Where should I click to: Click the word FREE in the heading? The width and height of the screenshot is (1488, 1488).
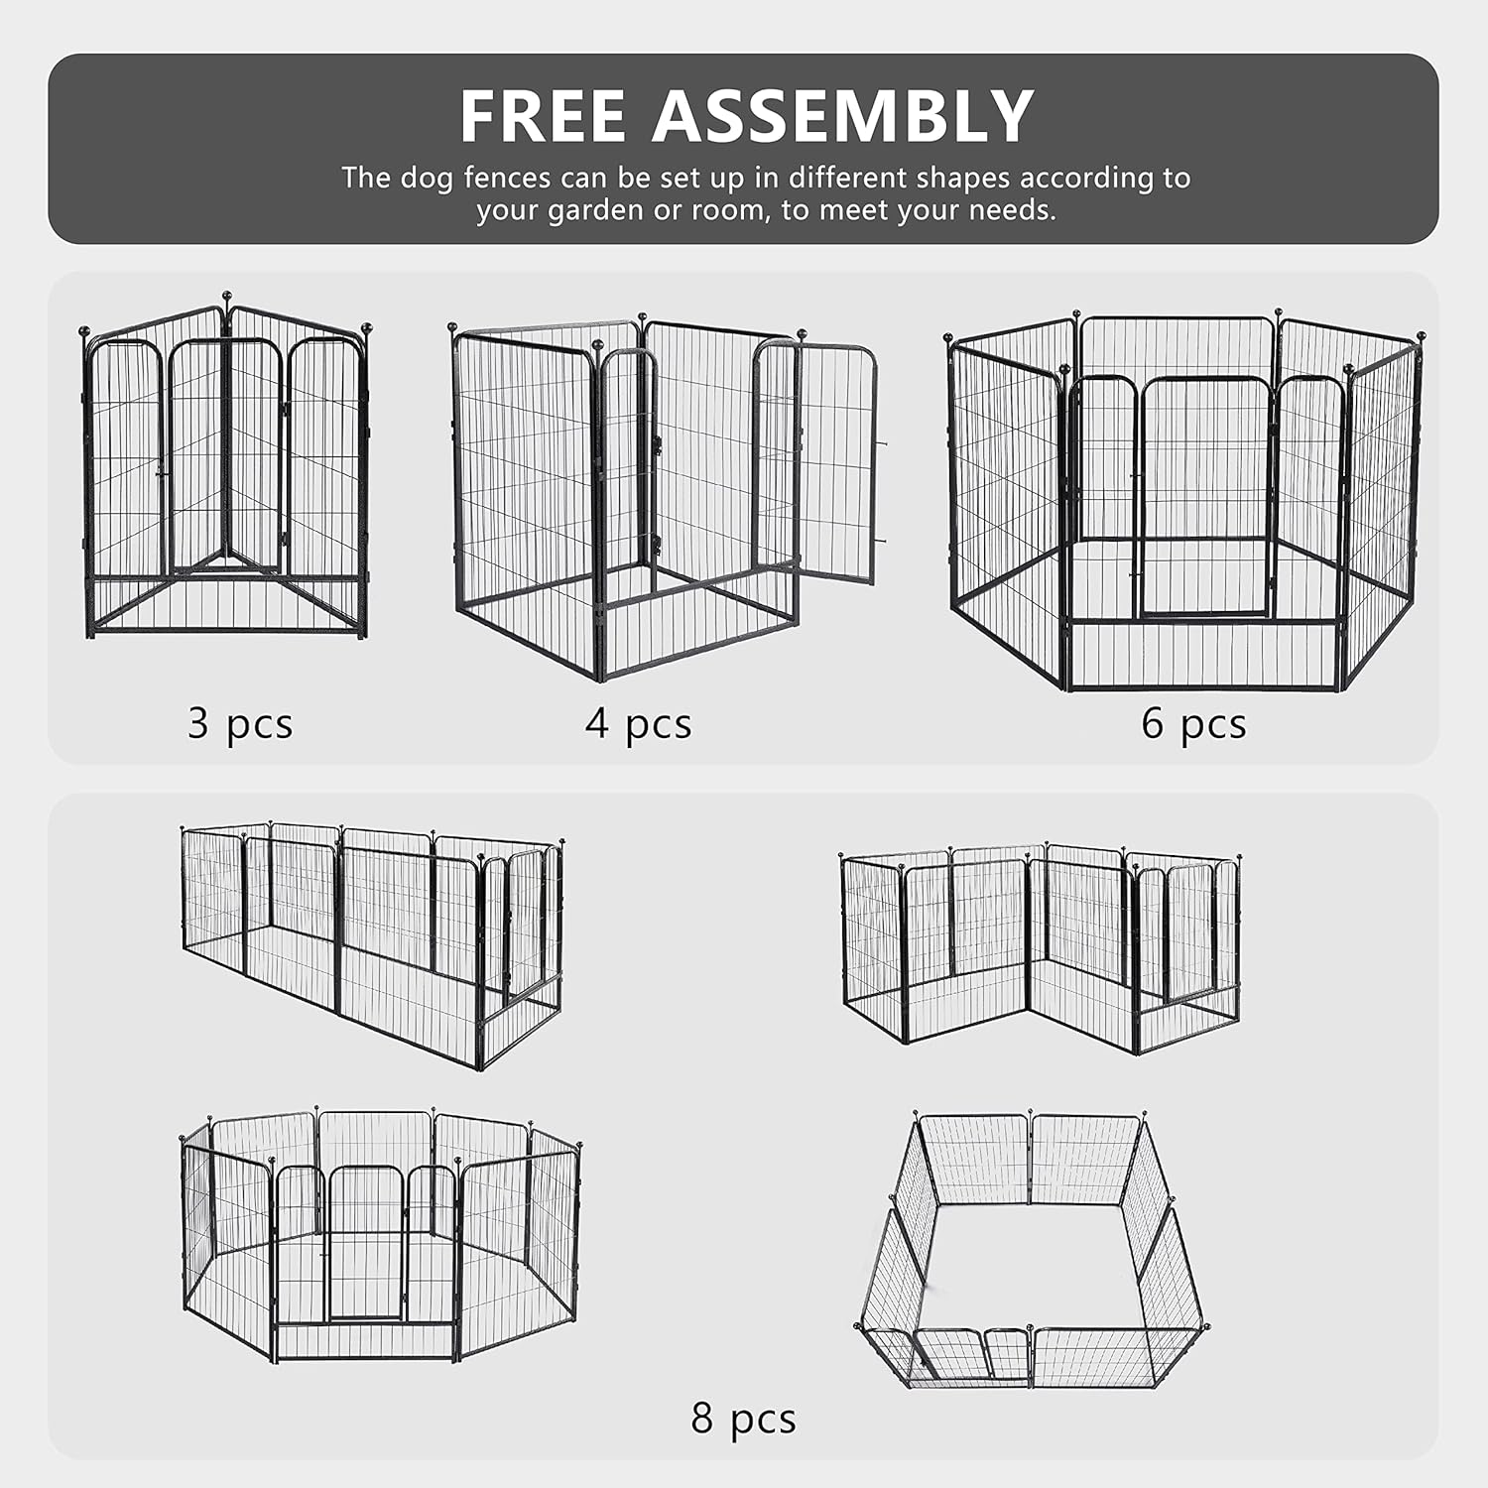tap(543, 117)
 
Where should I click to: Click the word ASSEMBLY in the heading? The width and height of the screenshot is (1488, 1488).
tap(842, 117)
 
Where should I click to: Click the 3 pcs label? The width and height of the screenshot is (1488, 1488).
tap(240, 723)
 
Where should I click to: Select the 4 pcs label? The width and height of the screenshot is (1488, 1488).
tap(638, 723)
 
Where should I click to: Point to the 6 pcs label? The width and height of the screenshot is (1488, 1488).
tap(1193, 723)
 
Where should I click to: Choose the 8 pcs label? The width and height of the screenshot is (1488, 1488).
tap(743, 1419)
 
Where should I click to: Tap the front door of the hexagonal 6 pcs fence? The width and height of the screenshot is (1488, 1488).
tap(1204, 496)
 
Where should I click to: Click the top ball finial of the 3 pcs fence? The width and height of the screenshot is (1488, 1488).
tap(226, 296)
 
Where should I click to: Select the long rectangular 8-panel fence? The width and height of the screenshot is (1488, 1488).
tap(372, 942)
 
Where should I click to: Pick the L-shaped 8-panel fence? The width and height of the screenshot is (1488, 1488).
tap(1040, 947)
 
